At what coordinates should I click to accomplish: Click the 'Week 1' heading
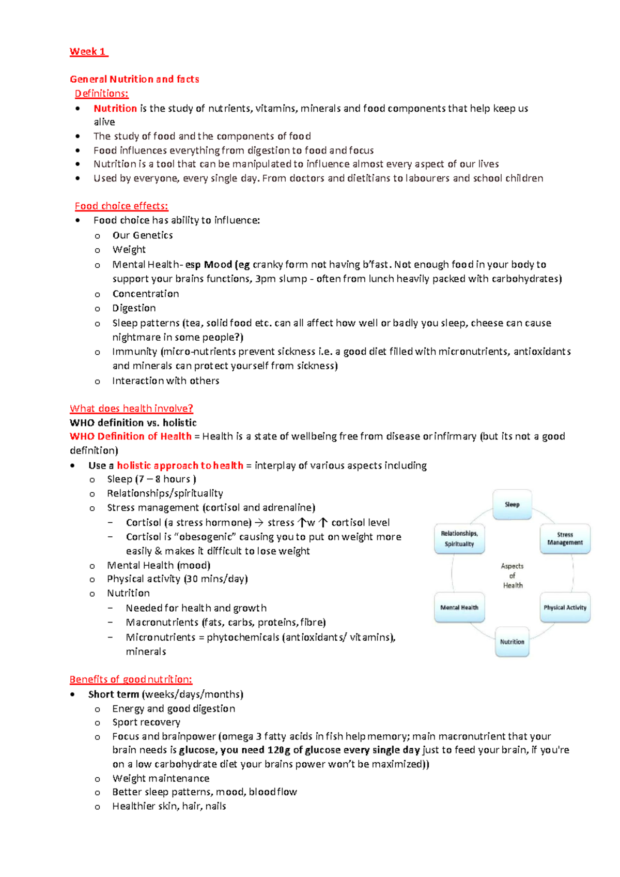88,52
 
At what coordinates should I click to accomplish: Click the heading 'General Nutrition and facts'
134,79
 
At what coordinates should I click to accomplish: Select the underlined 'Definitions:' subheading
101,94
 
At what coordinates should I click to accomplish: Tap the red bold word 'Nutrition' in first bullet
115,109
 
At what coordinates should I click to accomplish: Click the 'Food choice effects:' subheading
121,206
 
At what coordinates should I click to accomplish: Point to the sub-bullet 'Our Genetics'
143,235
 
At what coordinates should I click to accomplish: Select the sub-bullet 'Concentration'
146,294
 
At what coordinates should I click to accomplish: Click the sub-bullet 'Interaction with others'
166,381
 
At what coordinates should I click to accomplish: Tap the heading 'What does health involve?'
131,409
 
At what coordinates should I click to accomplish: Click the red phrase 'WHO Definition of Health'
130,436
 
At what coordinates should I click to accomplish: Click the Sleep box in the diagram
512,504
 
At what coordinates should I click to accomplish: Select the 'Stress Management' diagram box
565,539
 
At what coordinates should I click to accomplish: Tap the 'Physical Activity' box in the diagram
565,608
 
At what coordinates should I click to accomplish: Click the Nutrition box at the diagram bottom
512,642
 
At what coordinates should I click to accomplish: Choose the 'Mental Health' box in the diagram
459,608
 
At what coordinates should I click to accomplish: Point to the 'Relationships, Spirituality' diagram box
459,539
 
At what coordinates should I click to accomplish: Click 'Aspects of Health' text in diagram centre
512,576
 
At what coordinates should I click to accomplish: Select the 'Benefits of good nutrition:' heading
131,679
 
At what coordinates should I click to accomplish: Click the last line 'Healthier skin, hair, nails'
169,806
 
